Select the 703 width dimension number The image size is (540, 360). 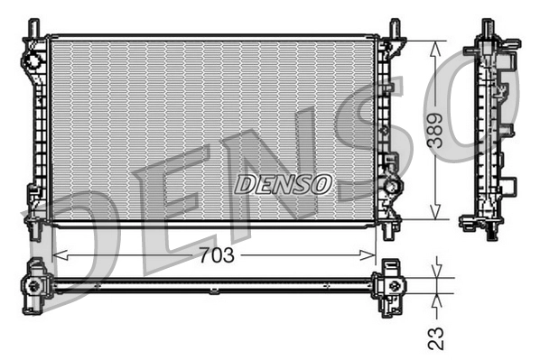215,255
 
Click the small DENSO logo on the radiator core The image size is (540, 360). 284,184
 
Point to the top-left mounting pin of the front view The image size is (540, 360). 35,27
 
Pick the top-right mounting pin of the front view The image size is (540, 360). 394,27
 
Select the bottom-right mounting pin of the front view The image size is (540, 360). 388,231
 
